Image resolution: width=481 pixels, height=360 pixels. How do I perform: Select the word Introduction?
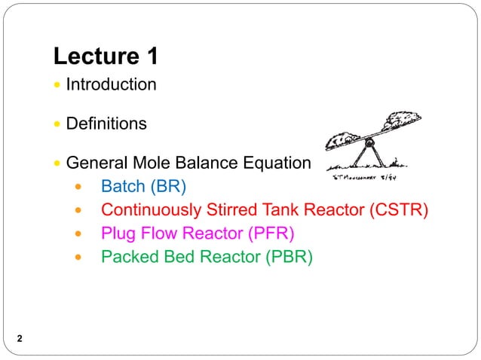pos(111,84)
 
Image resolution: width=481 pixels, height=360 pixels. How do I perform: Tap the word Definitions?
pos(106,124)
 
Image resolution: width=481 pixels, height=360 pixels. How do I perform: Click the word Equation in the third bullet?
pos(280,163)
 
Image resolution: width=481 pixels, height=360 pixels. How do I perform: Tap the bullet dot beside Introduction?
pos(59,85)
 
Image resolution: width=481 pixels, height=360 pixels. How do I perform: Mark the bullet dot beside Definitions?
pos(59,124)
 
